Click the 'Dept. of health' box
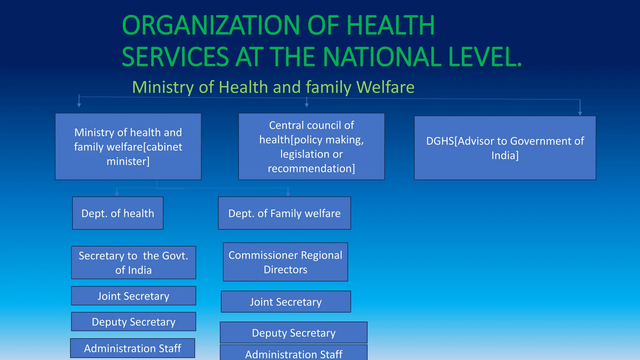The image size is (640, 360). (118, 213)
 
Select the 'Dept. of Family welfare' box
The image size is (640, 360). (284, 213)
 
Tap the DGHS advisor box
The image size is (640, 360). (505, 148)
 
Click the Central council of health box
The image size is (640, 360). (311, 147)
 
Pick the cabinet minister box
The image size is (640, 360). (128, 147)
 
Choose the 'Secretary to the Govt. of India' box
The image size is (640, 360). (133, 262)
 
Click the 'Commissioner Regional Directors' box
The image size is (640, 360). (285, 262)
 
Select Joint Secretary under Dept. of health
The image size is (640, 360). (133, 296)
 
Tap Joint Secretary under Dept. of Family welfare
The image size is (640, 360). (286, 302)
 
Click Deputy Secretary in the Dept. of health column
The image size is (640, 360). (133, 322)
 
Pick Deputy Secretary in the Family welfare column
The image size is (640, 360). (293, 332)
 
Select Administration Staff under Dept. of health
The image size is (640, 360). (132, 348)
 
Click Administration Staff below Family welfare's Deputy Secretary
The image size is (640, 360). (293, 354)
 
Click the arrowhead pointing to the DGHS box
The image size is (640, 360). (580, 114)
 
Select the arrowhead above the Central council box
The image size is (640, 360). (307, 105)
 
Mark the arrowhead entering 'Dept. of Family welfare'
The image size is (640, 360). (288, 194)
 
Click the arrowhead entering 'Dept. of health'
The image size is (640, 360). (117, 194)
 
